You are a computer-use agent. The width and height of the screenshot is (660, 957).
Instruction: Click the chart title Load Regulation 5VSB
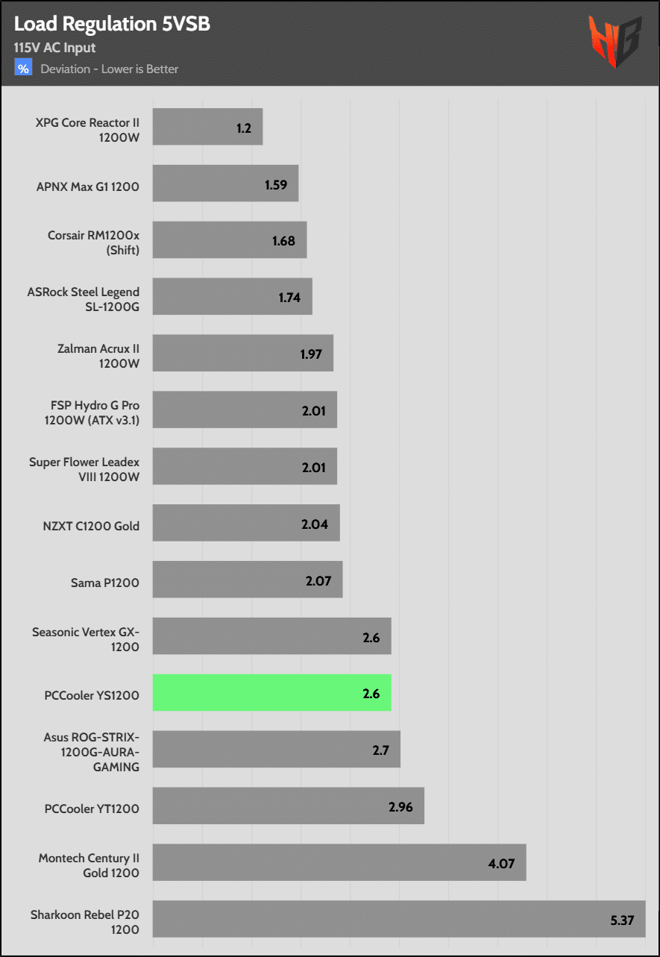coord(112,24)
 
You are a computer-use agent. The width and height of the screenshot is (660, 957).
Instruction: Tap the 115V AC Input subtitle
coord(54,48)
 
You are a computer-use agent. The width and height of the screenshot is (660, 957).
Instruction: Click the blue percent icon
coord(24,69)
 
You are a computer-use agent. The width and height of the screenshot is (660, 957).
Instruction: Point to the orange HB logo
coord(615,42)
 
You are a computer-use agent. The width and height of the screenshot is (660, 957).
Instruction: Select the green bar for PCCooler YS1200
coord(271,693)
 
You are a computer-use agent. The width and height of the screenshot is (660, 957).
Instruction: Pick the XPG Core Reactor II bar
coord(207,128)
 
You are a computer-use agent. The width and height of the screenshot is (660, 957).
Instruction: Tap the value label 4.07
coord(502,863)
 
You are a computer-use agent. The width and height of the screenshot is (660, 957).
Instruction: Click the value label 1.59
coord(276,184)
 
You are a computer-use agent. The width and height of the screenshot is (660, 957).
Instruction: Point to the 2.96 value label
coord(400,806)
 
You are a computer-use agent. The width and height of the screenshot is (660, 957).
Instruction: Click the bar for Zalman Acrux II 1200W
coord(242,354)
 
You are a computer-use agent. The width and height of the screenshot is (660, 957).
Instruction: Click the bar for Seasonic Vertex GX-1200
coord(271,636)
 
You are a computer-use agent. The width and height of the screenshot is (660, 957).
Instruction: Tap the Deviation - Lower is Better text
coord(110,69)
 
